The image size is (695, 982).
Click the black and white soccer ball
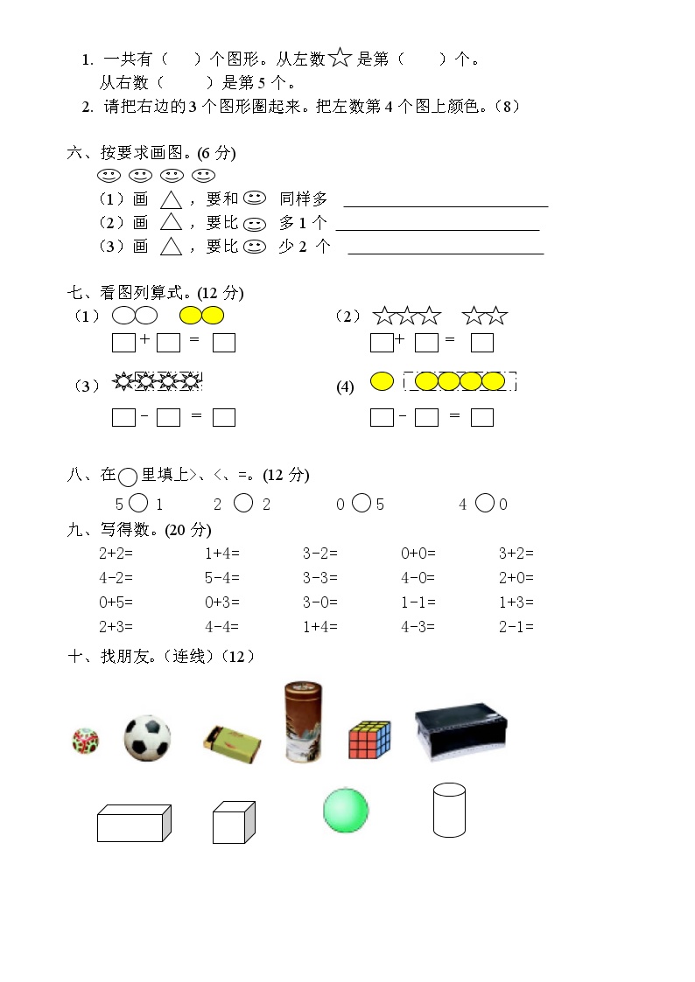147,736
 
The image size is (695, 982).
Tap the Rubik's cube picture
369,740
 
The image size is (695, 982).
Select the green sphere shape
346,810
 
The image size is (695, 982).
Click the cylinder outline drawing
449,810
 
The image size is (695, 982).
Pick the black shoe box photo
461,731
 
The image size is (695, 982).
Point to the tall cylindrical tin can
303,722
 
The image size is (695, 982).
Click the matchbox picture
231,740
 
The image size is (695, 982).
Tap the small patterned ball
85,741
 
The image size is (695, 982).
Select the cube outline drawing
234,822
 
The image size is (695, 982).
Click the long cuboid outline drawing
133,823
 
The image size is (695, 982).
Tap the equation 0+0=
418,554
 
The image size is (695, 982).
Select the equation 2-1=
516,627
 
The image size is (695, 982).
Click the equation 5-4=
222,578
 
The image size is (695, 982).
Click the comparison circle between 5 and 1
138,503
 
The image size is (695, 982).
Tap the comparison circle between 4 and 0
484,503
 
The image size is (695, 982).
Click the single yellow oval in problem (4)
382,381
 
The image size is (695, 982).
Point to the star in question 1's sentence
340,59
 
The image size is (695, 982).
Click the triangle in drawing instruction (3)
172,247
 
